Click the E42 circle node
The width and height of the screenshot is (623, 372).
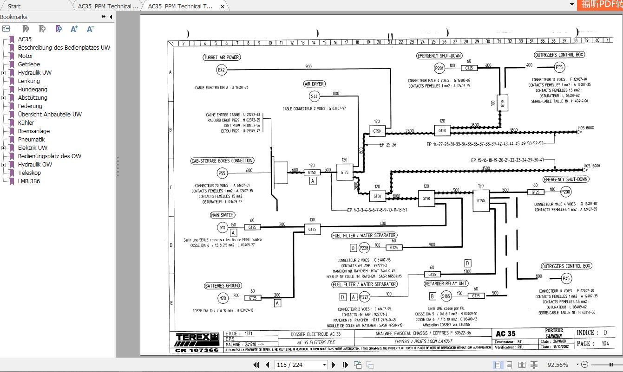[x=222, y=70]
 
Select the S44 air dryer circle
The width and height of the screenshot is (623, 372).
[x=315, y=96]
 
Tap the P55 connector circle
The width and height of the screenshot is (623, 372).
[x=222, y=173]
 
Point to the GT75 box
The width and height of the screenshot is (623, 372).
[x=344, y=172]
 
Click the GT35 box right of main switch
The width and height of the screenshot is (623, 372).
[x=312, y=229]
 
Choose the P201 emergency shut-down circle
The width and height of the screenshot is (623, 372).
[x=439, y=69]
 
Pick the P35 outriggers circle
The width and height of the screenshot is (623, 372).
[x=560, y=67]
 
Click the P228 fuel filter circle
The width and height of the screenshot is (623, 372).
[x=364, y=248]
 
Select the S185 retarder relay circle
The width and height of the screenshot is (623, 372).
[x=446, y=296]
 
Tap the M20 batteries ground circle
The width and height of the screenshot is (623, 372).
[x=223, y=298]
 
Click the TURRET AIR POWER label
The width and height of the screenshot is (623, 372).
[x=222, y=58]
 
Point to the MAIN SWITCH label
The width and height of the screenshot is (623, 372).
[x=223, y=215]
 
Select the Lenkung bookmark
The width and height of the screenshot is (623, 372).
[x=29, y=81]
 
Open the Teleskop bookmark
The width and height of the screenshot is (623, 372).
[x=29, y=173]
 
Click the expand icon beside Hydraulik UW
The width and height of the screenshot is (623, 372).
[x=4, y=73]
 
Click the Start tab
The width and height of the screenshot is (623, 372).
[x=14, y=6]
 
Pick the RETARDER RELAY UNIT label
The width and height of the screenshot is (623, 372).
[x=446, y=284]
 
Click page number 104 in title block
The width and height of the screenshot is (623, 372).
[x=605, y=344]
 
